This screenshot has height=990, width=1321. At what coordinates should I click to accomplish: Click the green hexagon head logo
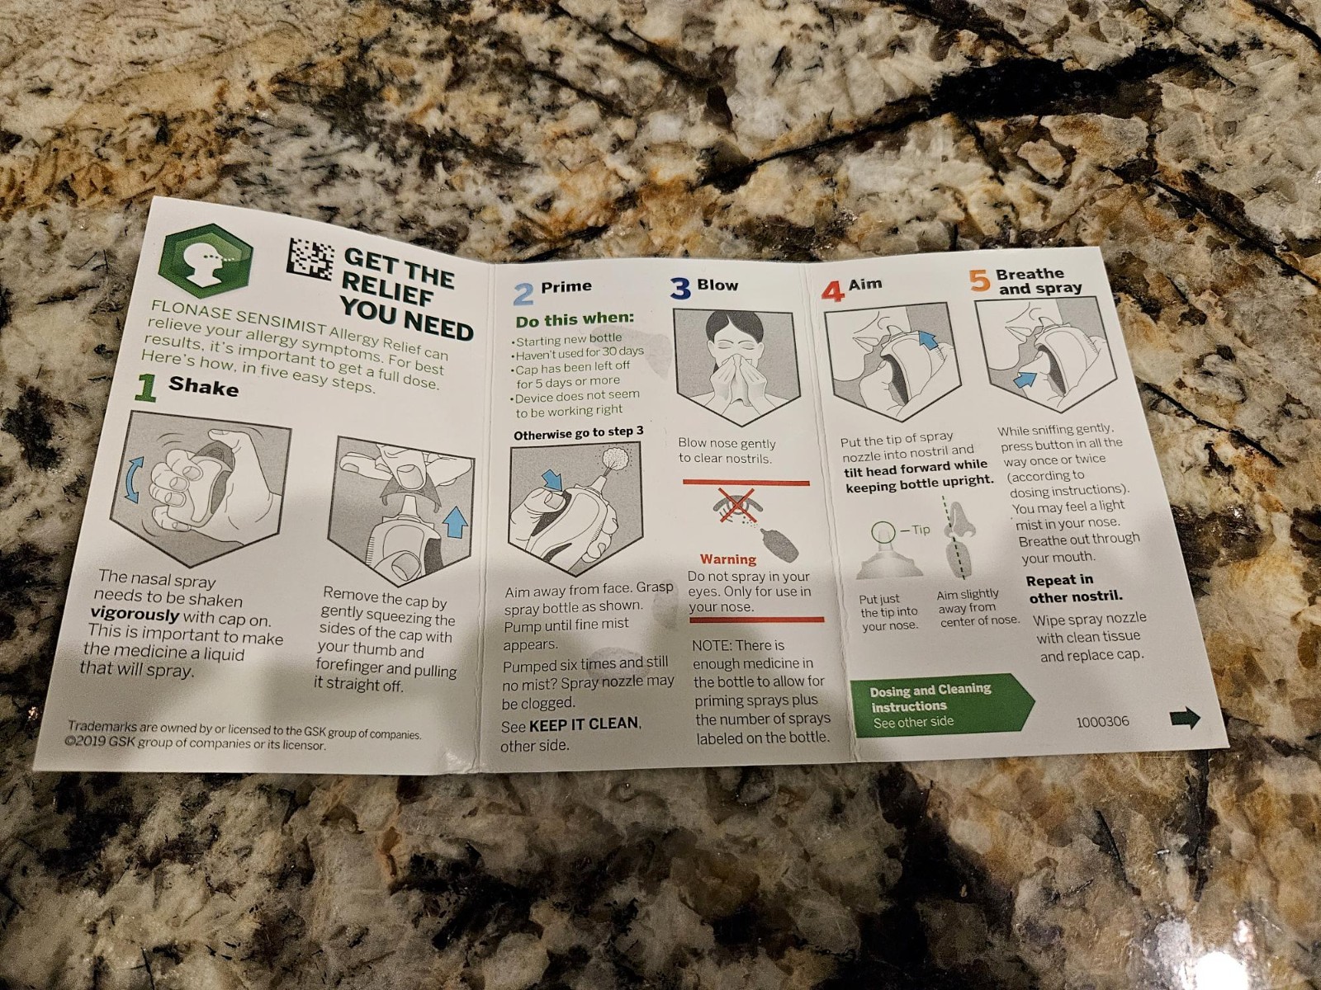pyautogui.click(x=206, y=261)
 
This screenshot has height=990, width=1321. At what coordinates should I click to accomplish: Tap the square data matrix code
pyautogui.click(x=310, y=259)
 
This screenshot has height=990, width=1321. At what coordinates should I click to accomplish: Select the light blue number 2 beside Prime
pyautogui.click(x=523, y=295)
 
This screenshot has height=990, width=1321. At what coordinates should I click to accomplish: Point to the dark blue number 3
pyautogui.click(x=680, y=289)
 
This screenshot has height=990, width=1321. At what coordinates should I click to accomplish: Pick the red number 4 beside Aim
pyautogui.click(x=833, y=291)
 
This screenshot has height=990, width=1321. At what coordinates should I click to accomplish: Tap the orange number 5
pyautogui.click(x=979, y=280)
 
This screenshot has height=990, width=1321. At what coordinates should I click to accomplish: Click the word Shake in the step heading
pyautogui.click(x=203, y=386)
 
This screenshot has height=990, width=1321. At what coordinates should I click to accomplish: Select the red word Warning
pyautogui.click(x=728, y=559)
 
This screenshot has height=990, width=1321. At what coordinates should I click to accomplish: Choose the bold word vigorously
pyautogui.click(x=135, y=615)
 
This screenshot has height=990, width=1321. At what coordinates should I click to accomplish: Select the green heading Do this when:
pyautogui.click(x=575, y=319)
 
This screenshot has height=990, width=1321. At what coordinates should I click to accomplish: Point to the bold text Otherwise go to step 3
pyautogui.click(x=579, y=433)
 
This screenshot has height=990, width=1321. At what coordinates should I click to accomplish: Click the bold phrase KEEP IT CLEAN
pyautogui.click(x=585, y=724)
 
